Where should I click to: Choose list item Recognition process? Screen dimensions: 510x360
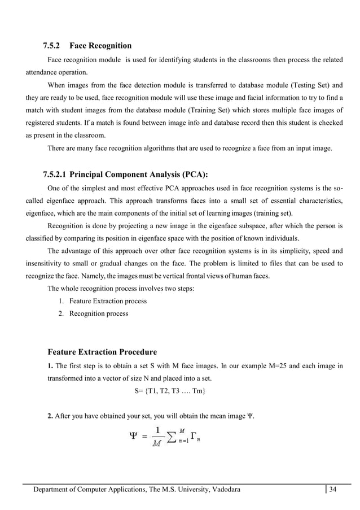tap(98, 313)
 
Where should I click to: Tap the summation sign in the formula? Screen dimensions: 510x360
tap(169, 437)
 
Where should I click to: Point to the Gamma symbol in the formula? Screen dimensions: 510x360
tap(194, 435)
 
